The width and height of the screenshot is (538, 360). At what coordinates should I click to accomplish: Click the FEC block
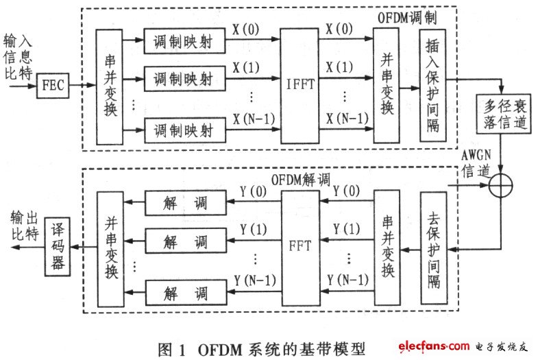(x=53, y=88)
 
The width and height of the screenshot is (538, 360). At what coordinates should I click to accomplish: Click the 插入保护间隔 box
(x=435, y=88)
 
